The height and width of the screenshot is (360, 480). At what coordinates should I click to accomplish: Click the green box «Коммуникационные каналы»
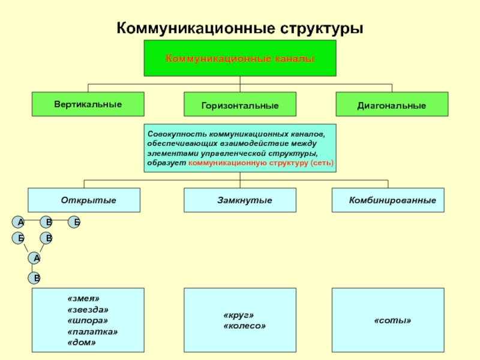239,58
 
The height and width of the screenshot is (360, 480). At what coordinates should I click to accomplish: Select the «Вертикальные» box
88,104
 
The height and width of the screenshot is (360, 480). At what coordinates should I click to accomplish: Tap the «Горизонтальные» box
239,105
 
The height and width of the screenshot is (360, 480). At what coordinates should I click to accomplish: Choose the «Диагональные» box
391,105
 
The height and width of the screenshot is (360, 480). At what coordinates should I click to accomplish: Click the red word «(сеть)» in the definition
322,163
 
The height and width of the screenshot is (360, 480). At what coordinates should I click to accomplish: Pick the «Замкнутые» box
239,200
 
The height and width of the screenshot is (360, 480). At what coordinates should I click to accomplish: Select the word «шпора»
88,320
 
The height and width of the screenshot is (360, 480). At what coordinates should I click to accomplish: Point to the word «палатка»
93,331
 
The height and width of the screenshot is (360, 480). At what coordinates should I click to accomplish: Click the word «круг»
239,315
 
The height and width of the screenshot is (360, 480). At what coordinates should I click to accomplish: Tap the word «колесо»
244,326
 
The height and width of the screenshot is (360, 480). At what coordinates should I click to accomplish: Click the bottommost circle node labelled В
37,278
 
